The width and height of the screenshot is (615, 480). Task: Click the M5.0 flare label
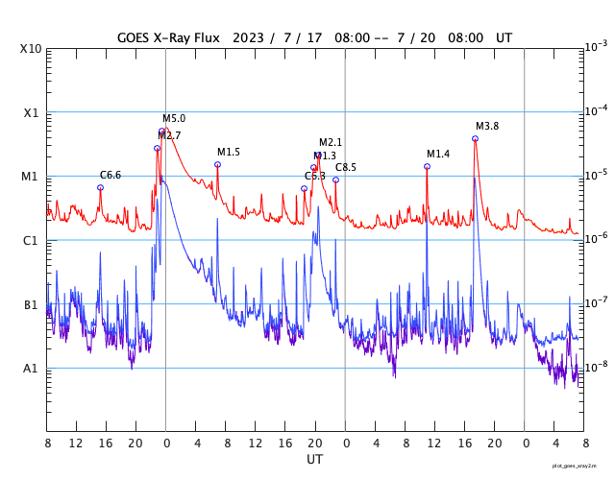[174, 119]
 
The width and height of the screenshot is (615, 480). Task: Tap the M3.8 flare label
[487, 127]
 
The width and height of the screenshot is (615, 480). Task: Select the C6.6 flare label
[111, 175]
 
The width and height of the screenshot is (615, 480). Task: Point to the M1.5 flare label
[229, 153]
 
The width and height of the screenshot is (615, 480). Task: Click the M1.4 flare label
[438, 154]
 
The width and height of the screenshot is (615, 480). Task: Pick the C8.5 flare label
[346, 167]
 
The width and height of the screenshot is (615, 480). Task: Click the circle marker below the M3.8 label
[475, 138]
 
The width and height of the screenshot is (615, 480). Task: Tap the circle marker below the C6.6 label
[100, 187]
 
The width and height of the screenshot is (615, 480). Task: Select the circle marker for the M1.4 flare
[427, 166]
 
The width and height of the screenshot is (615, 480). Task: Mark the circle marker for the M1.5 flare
[217, 164]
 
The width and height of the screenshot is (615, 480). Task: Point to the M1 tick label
[31, 177]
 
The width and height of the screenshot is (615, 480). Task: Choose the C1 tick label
[31, 241]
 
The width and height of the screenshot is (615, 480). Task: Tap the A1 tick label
[31, 369]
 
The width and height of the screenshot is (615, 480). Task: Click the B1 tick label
[31, 305]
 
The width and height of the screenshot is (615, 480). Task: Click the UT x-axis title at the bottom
[315, 460]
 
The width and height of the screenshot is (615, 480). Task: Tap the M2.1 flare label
[331, 143]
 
